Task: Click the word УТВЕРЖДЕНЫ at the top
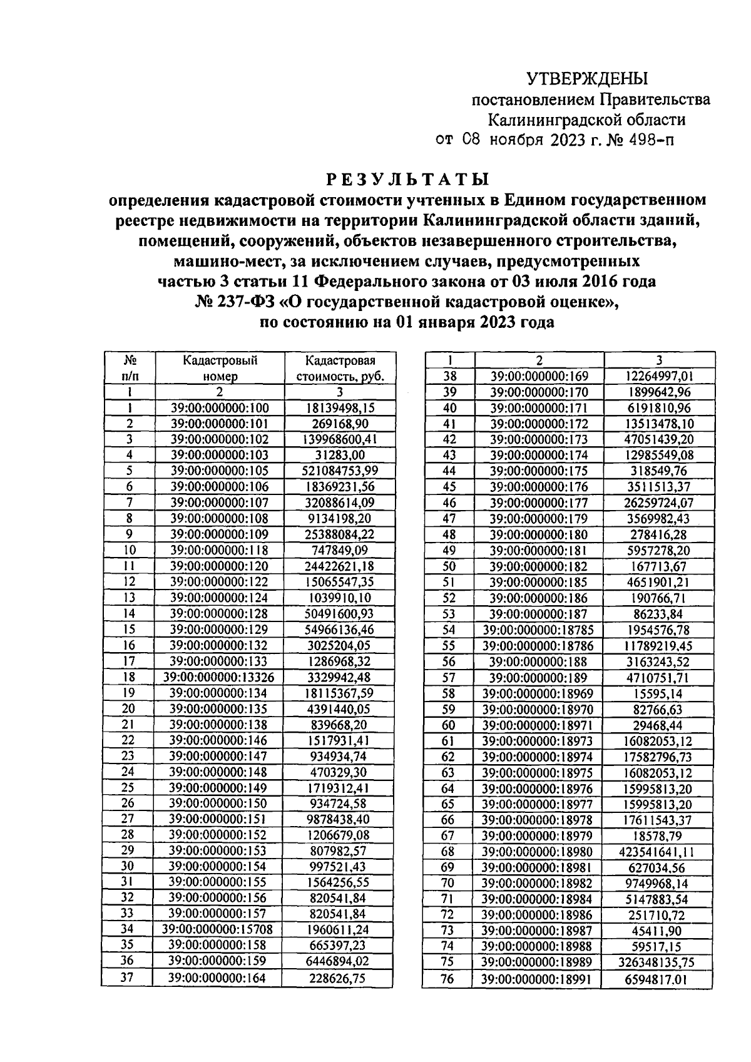click(586, 79)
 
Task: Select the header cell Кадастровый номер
click(220, 368)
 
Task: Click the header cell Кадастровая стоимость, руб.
click(340, 368)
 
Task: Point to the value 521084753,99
click(340, 471)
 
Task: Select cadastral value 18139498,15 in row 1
click(340, 407)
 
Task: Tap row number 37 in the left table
click(127, 978)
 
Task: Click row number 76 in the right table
click(447, 979)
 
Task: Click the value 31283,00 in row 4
click(340, 455)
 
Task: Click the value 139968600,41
click(340, 439)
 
